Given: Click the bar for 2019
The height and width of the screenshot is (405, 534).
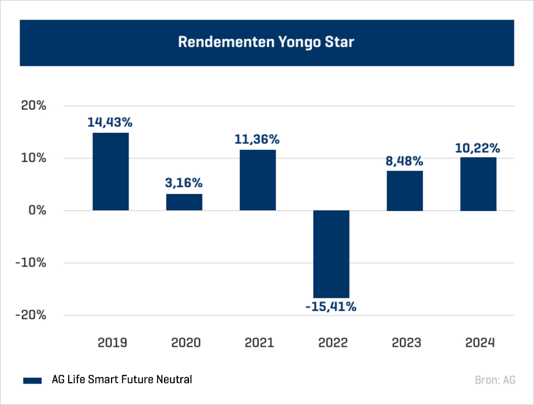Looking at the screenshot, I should coord(111,171).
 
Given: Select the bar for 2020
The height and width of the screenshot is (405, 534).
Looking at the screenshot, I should coord(184,202).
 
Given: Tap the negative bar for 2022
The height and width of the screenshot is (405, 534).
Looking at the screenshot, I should coord(331,254).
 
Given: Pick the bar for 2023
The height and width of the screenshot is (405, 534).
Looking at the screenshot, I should coord(405,191).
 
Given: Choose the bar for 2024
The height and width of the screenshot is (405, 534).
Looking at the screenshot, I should coord(478,184).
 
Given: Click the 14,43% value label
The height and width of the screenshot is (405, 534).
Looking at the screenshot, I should coord(110,122).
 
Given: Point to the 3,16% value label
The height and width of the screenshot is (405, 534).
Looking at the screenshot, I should coord(184,183).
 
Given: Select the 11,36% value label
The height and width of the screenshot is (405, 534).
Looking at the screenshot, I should coord(257,139).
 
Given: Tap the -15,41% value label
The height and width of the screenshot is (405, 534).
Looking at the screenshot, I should coord(331,307).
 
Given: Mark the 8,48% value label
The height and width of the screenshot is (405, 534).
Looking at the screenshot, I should coord(404,161).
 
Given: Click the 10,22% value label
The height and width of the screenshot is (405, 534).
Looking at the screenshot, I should coord(477,148).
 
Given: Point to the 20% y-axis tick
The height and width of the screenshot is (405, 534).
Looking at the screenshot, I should coord(34,106).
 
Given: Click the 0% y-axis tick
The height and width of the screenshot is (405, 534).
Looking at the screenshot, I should coord(37,210).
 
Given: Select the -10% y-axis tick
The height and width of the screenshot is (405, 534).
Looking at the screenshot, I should coord(31,263).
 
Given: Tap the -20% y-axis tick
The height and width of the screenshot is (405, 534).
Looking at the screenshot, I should coord(31,315).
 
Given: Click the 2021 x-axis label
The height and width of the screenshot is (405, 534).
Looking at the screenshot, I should coord(259,343).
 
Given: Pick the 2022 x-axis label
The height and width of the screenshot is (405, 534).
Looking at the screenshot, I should coord(332,343).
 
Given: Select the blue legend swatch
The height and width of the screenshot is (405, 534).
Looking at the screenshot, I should coord(33,380).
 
